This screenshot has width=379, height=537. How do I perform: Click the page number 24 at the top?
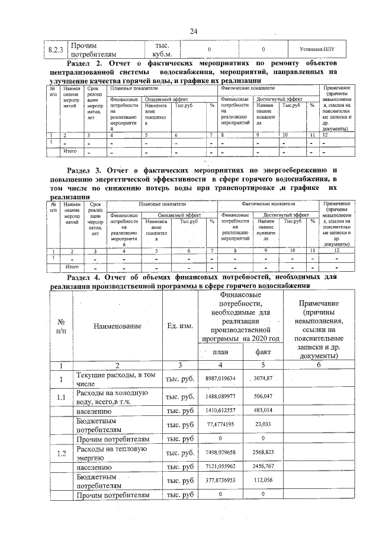pos(193,31)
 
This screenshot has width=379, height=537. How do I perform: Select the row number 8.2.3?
pos(55,50)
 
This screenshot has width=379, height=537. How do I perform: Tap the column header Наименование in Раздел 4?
pos(117,326)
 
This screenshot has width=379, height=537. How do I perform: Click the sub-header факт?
pos(263,352)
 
